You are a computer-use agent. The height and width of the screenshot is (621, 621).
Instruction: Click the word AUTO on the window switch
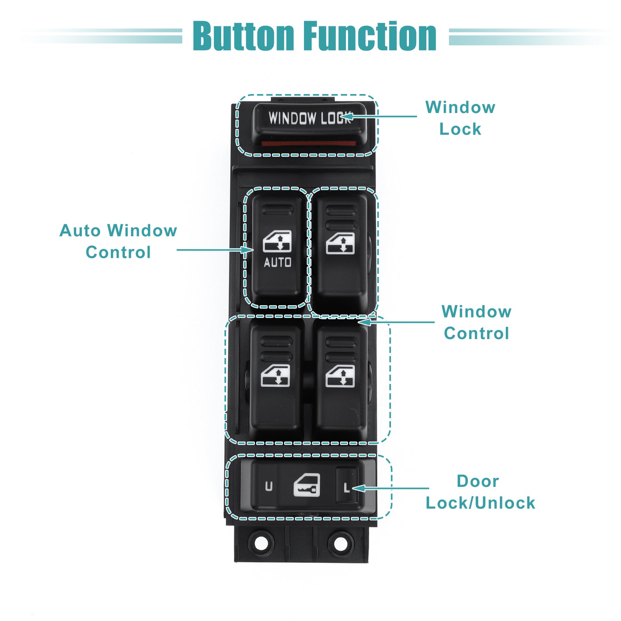coord(277,263)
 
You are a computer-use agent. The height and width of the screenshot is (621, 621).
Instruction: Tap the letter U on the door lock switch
coord(268,486)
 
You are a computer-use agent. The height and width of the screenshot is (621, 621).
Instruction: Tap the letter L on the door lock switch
coord(346,488)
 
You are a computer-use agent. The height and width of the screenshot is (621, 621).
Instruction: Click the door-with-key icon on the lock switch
coord(307,485)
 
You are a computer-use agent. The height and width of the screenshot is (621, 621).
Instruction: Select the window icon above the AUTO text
coord(277,241)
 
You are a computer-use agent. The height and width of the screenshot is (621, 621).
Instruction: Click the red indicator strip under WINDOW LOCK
coord(308,143)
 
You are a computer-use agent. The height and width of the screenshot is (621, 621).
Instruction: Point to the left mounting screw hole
coord(261,543)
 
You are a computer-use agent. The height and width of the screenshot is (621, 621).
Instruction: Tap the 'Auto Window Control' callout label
coord(118,241)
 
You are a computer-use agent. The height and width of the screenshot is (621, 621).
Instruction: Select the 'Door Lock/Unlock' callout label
coord(480,492)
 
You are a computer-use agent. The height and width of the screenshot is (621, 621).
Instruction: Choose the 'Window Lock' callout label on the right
coord(460,118)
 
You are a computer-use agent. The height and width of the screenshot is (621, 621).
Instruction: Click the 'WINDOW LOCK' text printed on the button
coord(310,118)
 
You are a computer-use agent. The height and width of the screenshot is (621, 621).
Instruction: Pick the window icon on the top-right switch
coord(340,243)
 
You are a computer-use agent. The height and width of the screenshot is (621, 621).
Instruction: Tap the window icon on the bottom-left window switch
coord(275,376)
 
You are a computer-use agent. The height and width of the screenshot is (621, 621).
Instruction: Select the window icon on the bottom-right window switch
coord(340,376)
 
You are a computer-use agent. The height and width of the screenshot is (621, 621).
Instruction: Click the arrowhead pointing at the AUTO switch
coord(248,250)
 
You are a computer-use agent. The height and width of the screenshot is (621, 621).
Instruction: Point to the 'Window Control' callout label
coord(476,322)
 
